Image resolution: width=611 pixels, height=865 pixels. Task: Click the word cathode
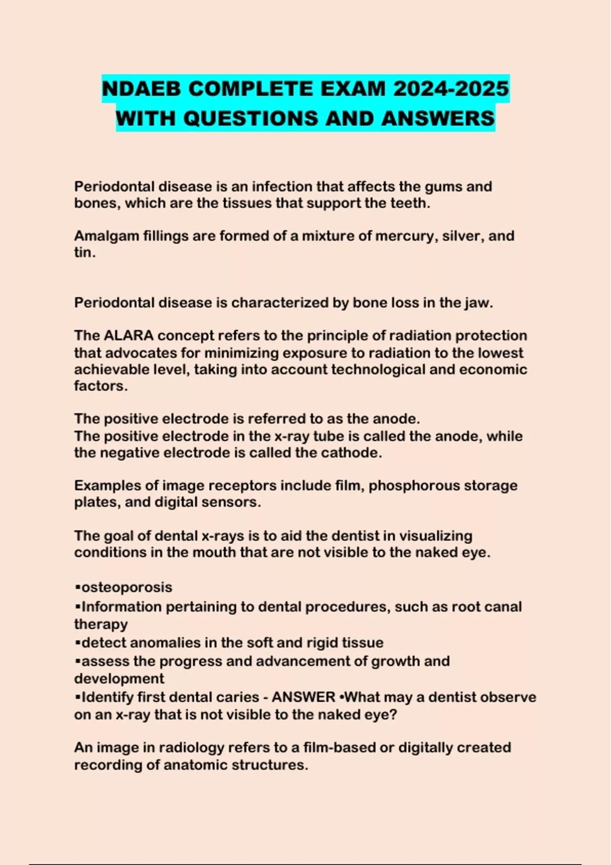point(351,453)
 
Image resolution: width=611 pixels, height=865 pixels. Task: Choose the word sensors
point(236,502)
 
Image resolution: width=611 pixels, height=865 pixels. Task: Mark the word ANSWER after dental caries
point(303,697)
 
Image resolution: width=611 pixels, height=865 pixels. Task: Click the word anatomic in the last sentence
point(196,765)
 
